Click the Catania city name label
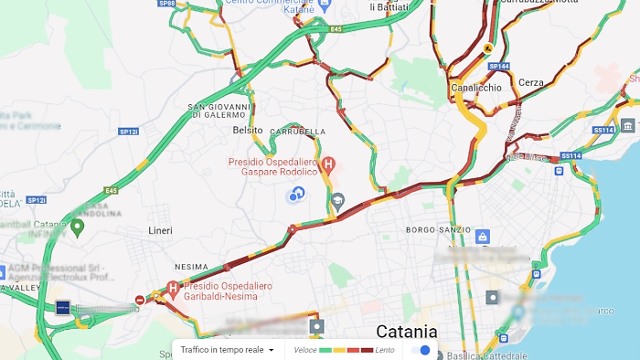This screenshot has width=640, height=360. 407,331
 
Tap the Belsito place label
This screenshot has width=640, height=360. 248,130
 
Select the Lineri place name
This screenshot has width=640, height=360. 160,231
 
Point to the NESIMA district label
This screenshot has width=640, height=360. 191,267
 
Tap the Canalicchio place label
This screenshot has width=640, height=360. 476,88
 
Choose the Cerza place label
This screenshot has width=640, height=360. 530,82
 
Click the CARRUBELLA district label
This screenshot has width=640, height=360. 297,132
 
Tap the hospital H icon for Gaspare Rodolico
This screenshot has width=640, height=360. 329,163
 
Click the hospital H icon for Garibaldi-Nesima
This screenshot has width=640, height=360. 172,286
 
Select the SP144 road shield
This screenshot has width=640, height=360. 498,67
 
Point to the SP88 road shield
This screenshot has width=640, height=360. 166,4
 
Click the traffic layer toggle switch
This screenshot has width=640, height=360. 421,350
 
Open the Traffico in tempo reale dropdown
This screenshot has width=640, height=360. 228,350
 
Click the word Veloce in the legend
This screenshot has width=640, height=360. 304,350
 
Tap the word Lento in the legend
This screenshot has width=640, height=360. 385,350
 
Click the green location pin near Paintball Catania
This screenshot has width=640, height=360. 78,226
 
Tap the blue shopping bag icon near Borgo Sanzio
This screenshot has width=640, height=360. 481,237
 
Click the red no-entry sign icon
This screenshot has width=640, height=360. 140,300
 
